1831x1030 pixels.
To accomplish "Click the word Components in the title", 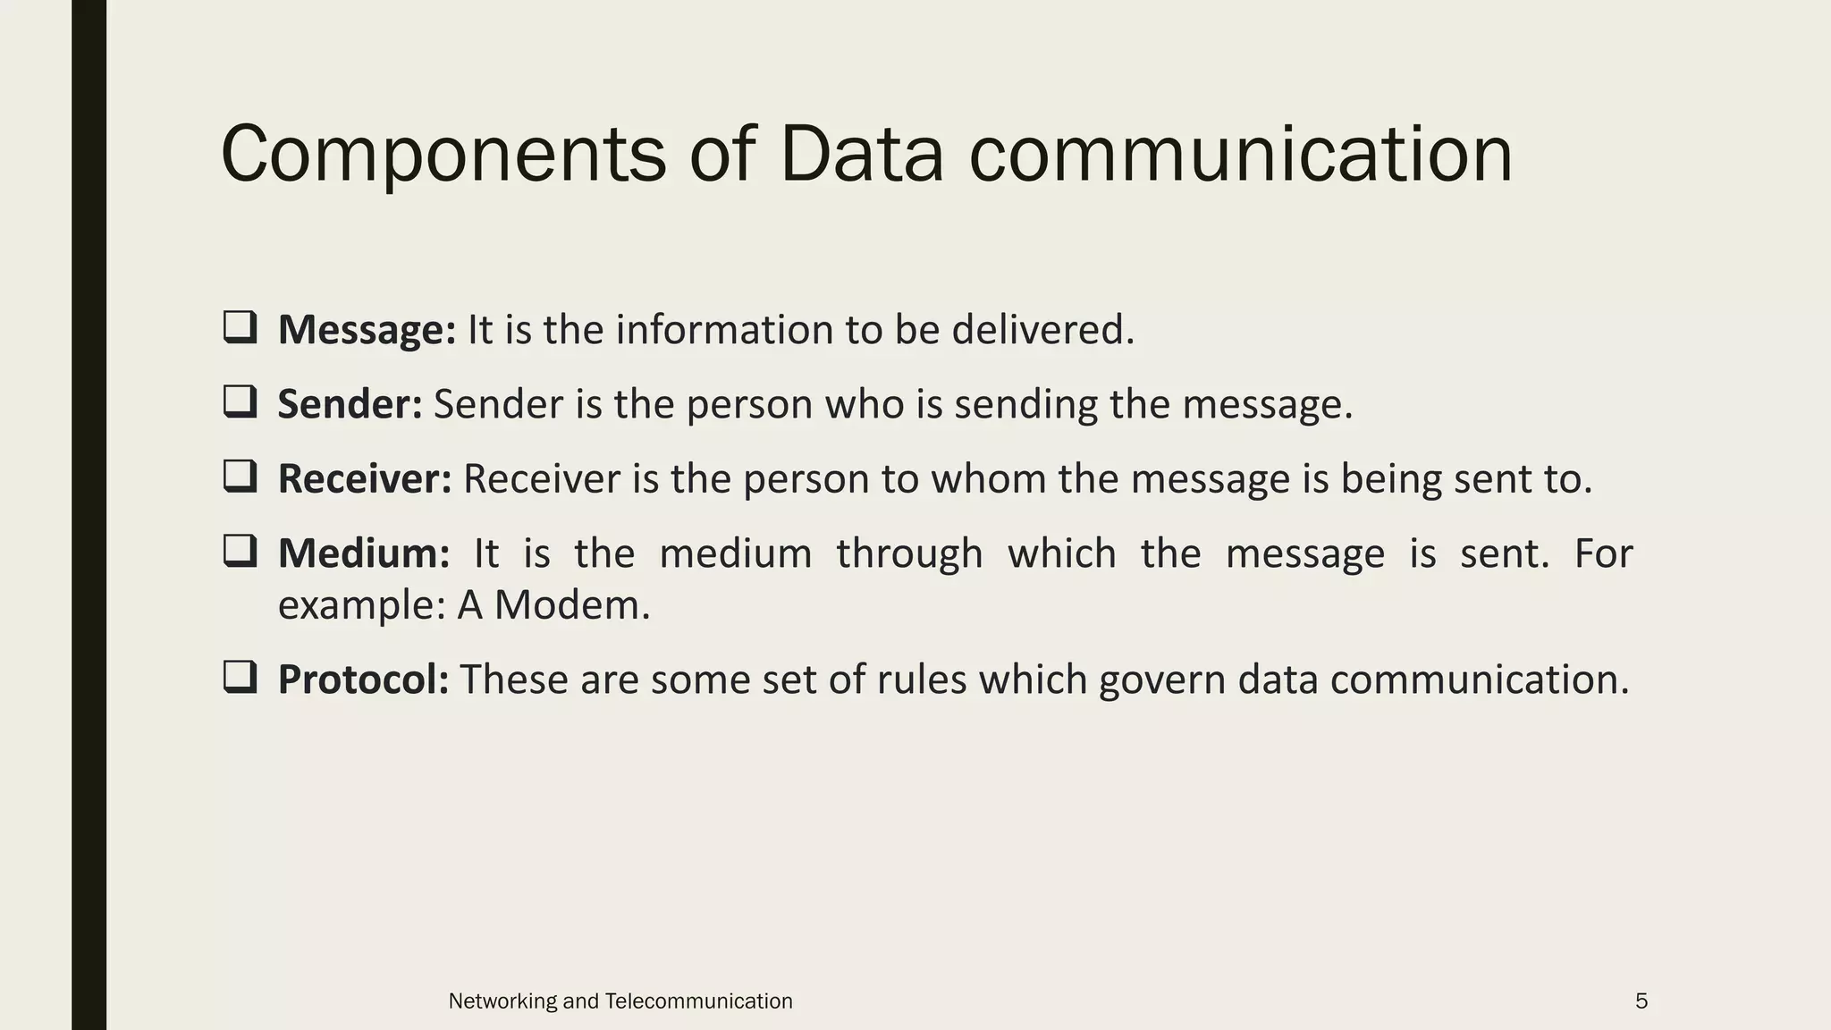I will click(443, 156).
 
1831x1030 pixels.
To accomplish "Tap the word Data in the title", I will click(861, 156).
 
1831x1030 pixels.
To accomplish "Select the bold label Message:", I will click(367, 330).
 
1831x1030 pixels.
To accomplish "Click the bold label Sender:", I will click(350, 404).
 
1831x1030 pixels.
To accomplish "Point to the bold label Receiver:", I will click(365, 479).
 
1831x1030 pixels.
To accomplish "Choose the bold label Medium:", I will click(364, 553).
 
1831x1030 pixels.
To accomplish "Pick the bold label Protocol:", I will click(363, 680).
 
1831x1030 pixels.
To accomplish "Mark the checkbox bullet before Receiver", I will click(240, 477).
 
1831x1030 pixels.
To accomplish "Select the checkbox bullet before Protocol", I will click(240, 677).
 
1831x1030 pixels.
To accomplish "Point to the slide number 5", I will click(1641, 1001).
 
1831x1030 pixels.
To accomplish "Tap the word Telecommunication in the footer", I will click(698, 1001).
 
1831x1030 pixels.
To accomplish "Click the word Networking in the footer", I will click(502, 1001).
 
